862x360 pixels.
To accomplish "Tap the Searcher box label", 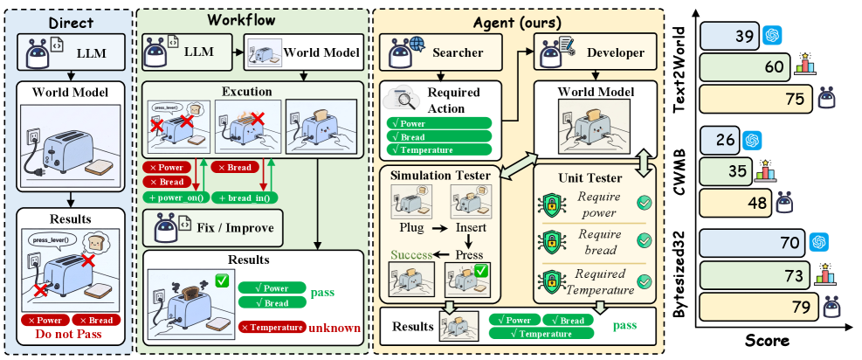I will coord(458,53).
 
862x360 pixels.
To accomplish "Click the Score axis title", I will coord(768,341).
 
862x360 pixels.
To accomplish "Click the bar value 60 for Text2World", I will coord(774,67).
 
